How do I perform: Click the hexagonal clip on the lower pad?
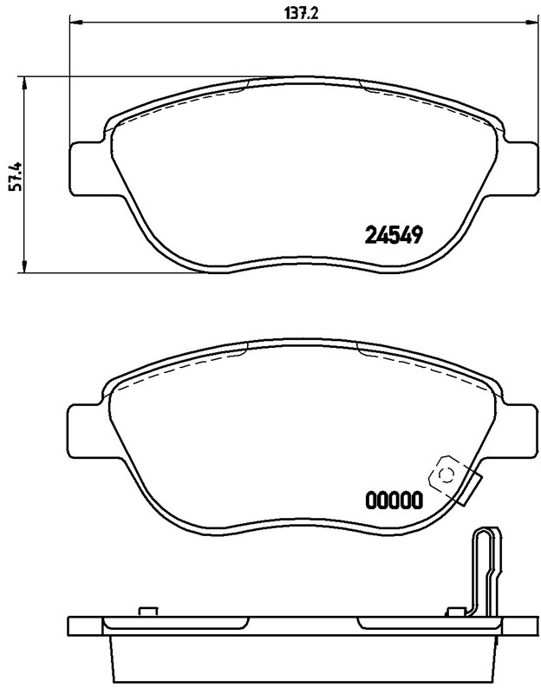pos(447,474)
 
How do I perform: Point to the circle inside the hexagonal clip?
pos(447,474)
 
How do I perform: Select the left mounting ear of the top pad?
pos(87,169)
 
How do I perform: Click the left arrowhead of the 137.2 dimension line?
pos(73,22)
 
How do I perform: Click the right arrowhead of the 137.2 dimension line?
pos(525,22)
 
